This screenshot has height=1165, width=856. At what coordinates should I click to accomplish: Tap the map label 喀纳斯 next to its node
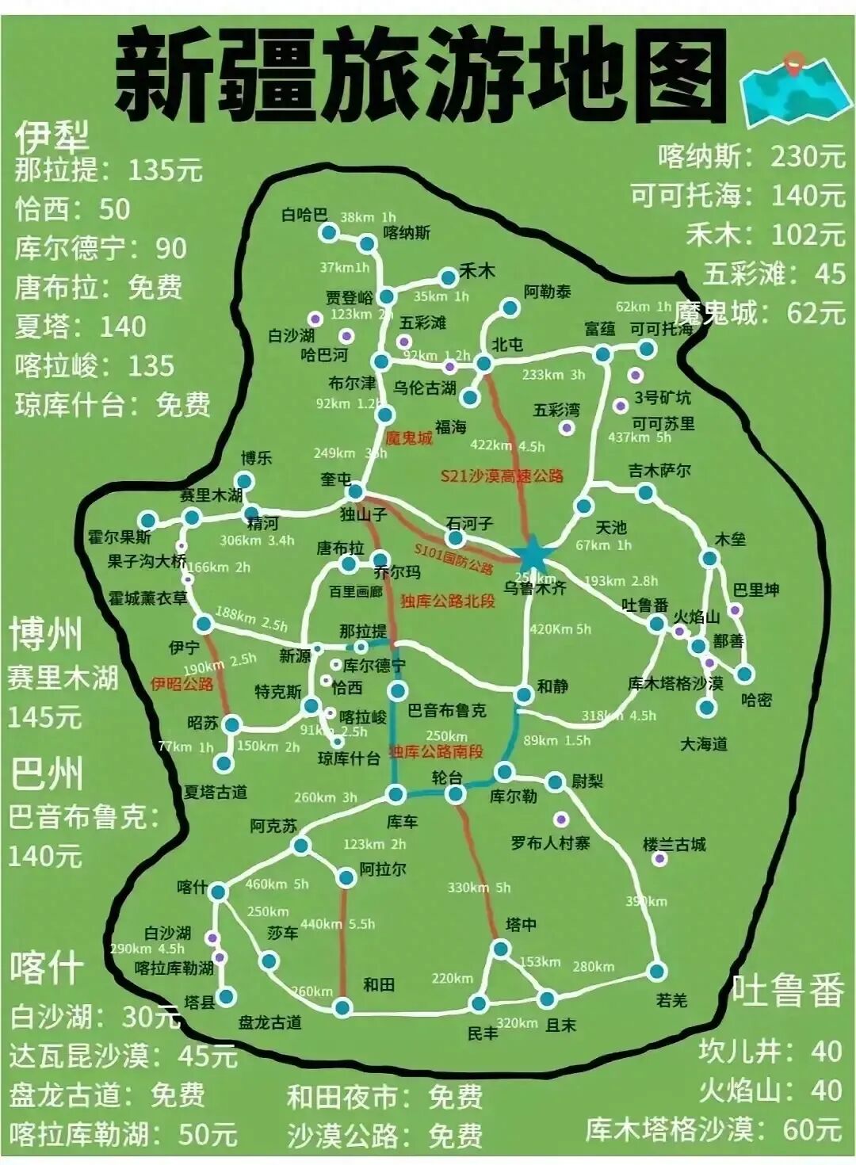tap(407, 232)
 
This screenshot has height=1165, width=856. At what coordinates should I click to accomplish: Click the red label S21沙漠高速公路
tap(502, 476)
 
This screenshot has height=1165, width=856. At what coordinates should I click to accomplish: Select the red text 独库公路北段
tap(447, 601)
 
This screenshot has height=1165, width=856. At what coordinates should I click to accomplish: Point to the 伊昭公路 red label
tap(182, 683)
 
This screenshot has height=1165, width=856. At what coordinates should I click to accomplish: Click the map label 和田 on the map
tap(379, 984)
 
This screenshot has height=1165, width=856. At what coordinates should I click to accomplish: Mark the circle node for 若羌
tap(656, 972)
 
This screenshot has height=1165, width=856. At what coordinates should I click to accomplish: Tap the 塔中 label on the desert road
tap(522, 924)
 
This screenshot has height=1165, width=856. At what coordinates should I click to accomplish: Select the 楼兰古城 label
tap(674, 844)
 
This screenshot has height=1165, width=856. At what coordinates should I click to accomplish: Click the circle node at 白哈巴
tap(328, 232)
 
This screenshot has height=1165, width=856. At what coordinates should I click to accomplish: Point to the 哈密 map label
tap(756, 700)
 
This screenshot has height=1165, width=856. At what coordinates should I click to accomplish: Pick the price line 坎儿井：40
tap(770, 1051)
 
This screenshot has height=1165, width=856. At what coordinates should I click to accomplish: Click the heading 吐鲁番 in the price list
tap(787, 991)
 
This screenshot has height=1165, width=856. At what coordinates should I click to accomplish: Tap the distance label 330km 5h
tap(479, 888)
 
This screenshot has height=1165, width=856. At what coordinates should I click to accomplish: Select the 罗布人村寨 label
tap(550, 842)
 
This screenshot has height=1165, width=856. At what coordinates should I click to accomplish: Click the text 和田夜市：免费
tap(384, 1097)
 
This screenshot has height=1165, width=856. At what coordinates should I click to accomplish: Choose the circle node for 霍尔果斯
tap(147, 520)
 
